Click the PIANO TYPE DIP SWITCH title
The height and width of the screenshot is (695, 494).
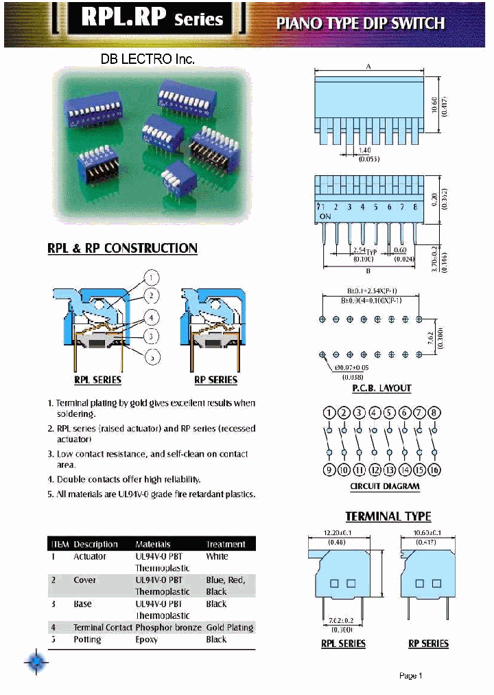click(360, 23)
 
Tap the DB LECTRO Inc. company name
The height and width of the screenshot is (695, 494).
click(148, 59)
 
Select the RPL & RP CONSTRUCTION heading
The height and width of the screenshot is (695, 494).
click(122, 249)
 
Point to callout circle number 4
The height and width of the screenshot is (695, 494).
click(151, 317)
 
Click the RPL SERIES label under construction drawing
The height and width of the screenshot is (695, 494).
click(97, 380)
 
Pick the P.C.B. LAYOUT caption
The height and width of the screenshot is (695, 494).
click(381, 388)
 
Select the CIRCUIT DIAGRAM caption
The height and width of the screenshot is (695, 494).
click(384, 486)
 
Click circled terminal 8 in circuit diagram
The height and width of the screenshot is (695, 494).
click(434, 413)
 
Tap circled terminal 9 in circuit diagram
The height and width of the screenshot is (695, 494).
click(329, 470)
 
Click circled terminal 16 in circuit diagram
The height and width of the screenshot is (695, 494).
click(434, 470)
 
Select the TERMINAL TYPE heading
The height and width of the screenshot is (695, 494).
click(388, 516)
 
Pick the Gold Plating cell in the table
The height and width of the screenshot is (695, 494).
click(229, 627)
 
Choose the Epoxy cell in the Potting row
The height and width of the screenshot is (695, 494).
click(146, 639)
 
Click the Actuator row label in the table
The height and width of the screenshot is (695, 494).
click(89, 556)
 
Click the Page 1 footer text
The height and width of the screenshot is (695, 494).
click(410, 676)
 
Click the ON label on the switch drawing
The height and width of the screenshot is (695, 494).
click(325, 216)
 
